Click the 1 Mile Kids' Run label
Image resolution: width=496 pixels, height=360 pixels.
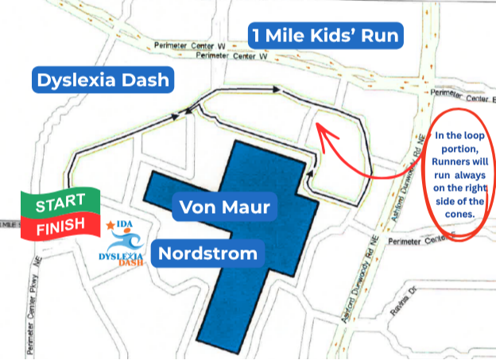coord(324,35)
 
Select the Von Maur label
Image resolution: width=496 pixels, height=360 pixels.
coord(225,208)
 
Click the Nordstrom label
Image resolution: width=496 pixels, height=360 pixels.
coord(207,254)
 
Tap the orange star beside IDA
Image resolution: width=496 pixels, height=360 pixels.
coord(110,226)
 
